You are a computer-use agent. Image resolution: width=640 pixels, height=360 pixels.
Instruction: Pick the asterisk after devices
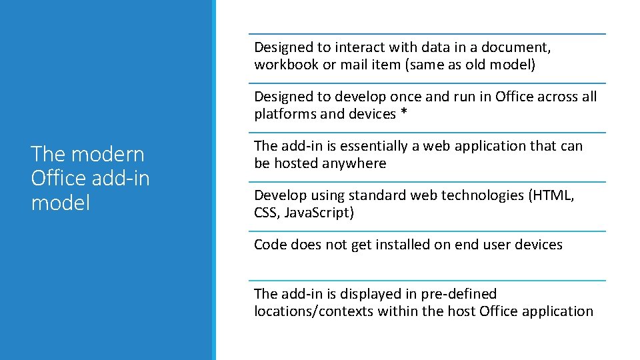[403, 114]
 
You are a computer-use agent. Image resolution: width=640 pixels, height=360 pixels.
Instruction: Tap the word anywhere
[354, 163]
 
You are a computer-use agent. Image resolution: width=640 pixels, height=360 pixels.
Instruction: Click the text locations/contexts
[313, 311]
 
